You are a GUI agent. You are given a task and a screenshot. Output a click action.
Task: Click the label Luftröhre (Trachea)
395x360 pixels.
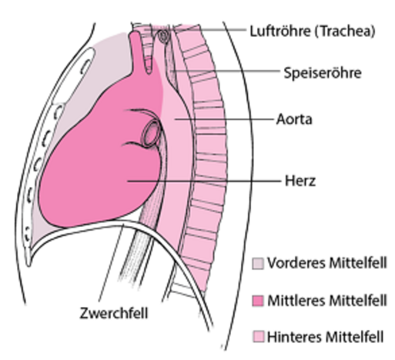pyautogui.click(x=313, y=32)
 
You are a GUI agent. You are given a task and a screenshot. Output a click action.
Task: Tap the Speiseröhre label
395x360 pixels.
pyautogui.click(x=323, y=73)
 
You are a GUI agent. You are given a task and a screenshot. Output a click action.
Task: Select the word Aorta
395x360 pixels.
pyautogui.click(x=294, y=119)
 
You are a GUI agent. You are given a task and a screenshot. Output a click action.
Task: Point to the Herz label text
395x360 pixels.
pyautogui.click(x=300, y=181)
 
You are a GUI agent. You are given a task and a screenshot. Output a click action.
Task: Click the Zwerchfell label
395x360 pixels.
pyautogui.click(x=114, y=313)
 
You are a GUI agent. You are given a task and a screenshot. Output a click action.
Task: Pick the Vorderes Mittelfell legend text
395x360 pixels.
pyautogui.click(x=326, y=263)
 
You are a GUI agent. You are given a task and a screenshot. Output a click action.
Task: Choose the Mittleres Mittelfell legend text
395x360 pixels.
pyautogui.click(x=326, y=300)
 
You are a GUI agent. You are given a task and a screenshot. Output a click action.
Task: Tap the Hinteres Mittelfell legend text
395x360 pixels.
pyautogui.click(x=326, y=337)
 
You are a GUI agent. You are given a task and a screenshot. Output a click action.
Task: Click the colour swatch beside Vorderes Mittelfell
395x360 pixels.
pyautogui.click(x=258, y=263)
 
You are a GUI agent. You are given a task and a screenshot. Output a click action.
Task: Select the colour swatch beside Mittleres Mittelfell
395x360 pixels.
pyautogui.click(x=258, y=301)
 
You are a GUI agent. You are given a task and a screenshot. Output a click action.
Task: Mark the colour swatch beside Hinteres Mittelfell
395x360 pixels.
pyautogui.click(x=258, y=337)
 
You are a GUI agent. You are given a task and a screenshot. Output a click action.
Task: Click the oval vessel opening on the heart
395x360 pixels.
pyautogui.click(x=151, y=133)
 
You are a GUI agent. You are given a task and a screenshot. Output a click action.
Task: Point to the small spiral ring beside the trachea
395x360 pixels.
pyautogui.click(x=163, y=36)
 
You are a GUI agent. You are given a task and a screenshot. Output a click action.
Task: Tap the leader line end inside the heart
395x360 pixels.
pyautogui.click(x=128, y=182)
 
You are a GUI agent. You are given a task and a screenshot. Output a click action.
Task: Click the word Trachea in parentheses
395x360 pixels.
pyautogui.click(x=345, y=32)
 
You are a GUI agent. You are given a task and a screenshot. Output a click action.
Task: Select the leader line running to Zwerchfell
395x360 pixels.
pyautogui.click(x=111, y=262)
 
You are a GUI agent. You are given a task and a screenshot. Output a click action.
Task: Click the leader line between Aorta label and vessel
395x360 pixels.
pyautogui.click(x=224, y=119)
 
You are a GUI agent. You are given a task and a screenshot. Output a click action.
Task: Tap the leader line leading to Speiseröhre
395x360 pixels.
pyautogui.click(x=226, y=71)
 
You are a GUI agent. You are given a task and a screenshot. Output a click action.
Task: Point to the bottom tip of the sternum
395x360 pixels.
pyautogui.click(x=28, y=265)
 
